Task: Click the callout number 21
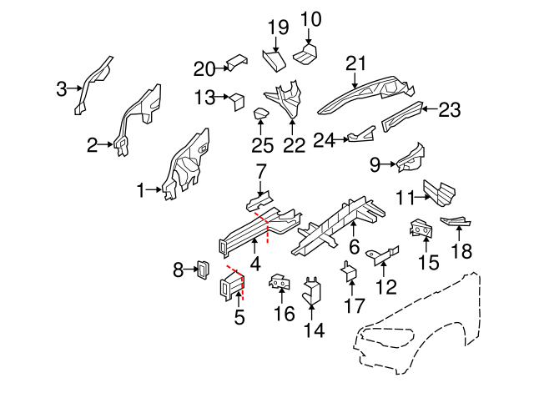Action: point(356,63)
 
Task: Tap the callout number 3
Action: point(62,88)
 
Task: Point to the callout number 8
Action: point(178,270)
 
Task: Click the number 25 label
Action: point(261,146)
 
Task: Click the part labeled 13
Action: point(236,100)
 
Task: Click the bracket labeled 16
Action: point(280,285)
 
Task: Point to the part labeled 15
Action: point(423,229)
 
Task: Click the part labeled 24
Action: point(360,134)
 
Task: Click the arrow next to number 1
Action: point(154,190)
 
